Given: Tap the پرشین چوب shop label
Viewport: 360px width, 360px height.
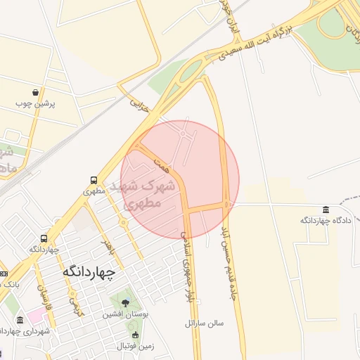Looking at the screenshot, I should click(36, 103).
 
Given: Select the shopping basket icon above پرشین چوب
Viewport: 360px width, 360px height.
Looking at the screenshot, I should click(36, 92).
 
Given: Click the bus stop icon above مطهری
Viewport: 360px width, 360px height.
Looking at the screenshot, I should click(94, 180).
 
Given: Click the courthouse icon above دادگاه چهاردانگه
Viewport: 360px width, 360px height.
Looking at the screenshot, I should click(325, 210).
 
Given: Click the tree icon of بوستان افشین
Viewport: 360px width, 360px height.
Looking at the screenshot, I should click(126, 303).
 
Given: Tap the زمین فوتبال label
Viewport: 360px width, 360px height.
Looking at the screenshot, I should click(135, 346).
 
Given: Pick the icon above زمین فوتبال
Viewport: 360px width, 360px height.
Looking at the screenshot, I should click(135, 335).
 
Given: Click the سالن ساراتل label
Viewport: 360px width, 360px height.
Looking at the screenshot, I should click(204, 323).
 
